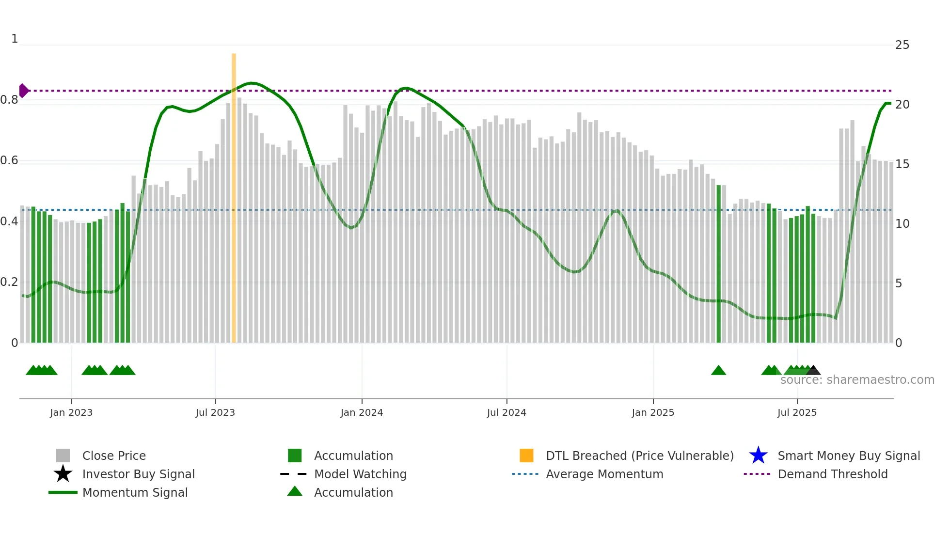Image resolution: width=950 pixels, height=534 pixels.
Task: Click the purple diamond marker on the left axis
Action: pyautogui.click(x=23, y=91)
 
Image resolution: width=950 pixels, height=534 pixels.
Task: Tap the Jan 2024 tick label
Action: pyautogui.click(x=362, y=412)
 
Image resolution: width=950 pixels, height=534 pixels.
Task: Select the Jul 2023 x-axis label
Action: pyautogui.click(x=215, y=412)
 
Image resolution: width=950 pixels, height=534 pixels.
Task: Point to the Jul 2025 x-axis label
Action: pyautogui.click(x=797, y=412)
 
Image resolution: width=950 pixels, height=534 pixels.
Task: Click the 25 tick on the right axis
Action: pyautogui.click(x=902, y=45)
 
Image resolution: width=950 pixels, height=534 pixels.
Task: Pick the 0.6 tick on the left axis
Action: pyautogui.click(x=9, y=160)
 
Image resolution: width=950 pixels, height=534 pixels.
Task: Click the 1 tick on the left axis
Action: pyautogui.click(x=15, y=39)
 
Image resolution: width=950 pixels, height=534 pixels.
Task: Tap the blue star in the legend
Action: pyautogui.click(x=758, y=455)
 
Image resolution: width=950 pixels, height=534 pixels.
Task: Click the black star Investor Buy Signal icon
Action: pyautogui.click(x=63, y=474)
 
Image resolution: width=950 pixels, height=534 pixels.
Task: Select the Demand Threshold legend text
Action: pyautogui.click(x=832, y=474)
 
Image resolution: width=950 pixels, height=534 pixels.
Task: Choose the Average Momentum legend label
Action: pyautogui.click(x=604, y=474)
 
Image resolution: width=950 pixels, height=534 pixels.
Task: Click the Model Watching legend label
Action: pyautogui.click(x=360, y=474)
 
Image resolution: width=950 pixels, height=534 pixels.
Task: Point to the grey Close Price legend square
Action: pyautogui.click(x=63, y=455)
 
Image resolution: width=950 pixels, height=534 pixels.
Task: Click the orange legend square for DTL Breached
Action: pyautogui.click(x=526, y=455)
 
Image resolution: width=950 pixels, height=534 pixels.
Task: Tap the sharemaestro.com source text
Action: pyautogui.click(x=857, y=380)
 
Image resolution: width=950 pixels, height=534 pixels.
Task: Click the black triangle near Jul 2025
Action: pyautogui.click(x=813, y=371)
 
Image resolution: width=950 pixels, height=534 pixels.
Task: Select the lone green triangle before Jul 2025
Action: pyautogui.click(x=718, y=371)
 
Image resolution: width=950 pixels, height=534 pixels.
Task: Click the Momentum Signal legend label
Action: pyautogui.click(x=135, y=492)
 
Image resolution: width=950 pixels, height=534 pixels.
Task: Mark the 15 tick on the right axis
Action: pyautogui.click(x=902, y=164)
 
